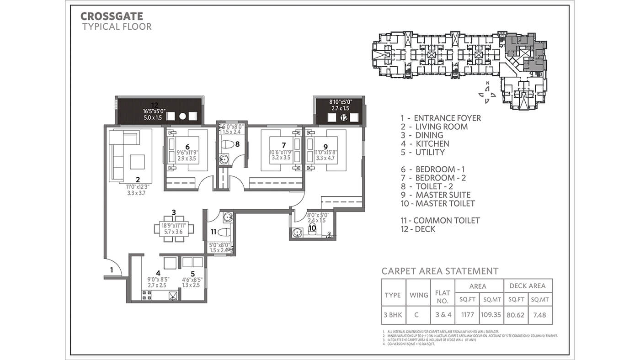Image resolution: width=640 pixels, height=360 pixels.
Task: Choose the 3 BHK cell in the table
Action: click(x=393, y=315)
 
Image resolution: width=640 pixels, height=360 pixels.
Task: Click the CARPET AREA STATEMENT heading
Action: click(x=440, y=271)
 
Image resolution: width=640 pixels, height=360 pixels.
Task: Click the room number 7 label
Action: click(x=284, y=145)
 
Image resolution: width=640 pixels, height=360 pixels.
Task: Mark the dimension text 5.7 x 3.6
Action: click(x=174, y=232)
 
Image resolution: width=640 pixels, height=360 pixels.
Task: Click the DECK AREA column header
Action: click(x=528, y=286)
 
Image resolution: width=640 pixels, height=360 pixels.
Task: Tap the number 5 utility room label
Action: click(x=192, y=274)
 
